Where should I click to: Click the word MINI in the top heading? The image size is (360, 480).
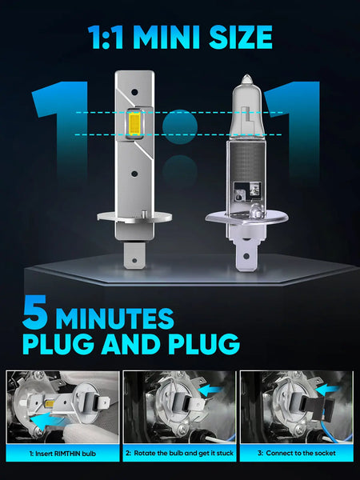pyautogui.click(x=167, y=38)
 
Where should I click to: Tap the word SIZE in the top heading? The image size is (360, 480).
pyautogui.click(x=241, y=38)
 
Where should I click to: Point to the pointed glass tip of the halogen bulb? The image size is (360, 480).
pyautogui.click(x=246, y=79)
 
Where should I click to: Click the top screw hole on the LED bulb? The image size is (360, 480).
pyautogui.click(x=134, y=91)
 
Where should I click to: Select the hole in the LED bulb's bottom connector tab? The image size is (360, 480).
pyautogui.click(x=134, y=261)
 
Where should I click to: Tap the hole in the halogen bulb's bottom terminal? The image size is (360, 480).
pyautogui.click(x=246, y=256)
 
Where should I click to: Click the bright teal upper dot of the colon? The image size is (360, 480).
pyautogui.click(x=180, y=126)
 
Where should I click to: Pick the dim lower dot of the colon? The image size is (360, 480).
pyautogui.click(x=180, y=172)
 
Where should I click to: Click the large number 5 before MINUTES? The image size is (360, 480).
pyautogui.click(x=35, y=312)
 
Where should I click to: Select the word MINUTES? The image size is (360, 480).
pyautogui.click(x=114, y=318)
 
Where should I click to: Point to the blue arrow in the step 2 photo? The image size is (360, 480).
pyautogui.click(x=210, y=390)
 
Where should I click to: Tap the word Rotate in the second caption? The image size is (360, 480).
pyautogui.click(x=144, y=453)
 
